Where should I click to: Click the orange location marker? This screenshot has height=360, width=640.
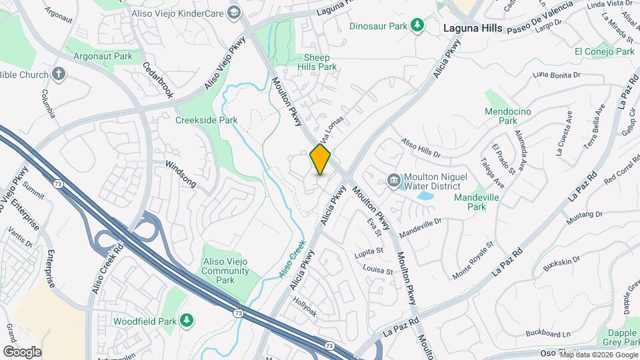(x=321, y=159)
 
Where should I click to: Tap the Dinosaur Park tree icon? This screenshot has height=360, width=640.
(x=417, y=25)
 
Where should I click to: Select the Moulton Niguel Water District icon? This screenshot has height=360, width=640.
(x=393, y=180)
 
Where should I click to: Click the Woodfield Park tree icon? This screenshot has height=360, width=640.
(x=187, y=321)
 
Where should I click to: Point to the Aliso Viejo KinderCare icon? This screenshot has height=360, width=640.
(x=233, y=12)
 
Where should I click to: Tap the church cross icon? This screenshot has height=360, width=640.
(x=59, y=74)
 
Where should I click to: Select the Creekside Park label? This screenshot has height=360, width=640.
(x=206, y=121)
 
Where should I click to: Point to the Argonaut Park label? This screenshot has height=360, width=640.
(x=103, y=57)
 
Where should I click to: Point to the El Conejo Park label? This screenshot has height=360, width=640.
(x=604, y=51)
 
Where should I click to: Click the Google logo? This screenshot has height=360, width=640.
(x=22, y=351)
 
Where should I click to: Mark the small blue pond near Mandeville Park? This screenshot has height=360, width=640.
(x=425, y=196)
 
